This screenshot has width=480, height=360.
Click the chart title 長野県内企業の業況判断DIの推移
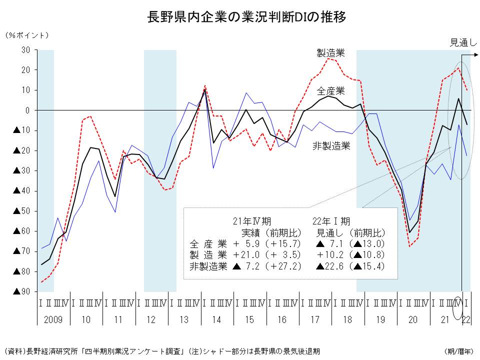[x=240, y=17]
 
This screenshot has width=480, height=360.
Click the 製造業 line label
[x=330, y=52]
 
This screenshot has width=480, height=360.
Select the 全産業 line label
[x=331, y=91]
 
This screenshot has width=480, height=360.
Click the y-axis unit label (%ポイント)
[x=27, y=35]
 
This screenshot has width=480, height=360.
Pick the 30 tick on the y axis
[x=25, y=50]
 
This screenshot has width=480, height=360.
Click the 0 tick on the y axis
[x=28, y=110]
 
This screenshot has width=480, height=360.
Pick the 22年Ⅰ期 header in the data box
[x=331, y=221]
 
